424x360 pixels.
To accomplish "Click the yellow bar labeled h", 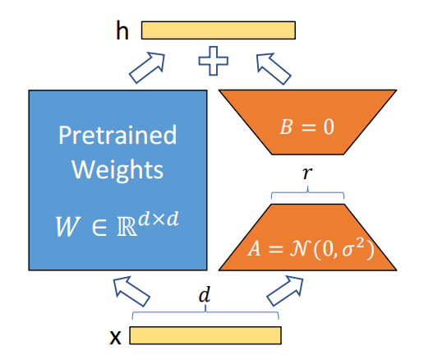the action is coord(219,30).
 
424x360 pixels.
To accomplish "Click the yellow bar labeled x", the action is coord(205,335).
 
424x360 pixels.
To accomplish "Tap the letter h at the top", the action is coord(122,30).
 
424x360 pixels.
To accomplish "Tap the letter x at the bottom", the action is coord(115,337).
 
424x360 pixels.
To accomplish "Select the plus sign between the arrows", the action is coord(214,61).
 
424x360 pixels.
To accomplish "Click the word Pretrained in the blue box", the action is coord(118,135).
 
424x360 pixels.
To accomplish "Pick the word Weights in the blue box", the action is coord(118,170).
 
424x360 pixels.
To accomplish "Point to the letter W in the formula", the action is coord(68,226).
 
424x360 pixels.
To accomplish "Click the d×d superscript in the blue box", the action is coord(159,219).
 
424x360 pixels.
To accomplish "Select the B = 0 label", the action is coord(307,127).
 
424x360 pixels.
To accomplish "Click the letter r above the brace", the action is coord(307,173).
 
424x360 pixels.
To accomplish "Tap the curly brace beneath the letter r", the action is coord(307,192).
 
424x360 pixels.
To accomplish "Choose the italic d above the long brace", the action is coord(205,294).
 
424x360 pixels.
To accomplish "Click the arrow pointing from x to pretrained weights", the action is coord(131,291).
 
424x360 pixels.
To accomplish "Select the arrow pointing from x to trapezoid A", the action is coord(285,291).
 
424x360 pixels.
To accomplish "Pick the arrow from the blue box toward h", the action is coord(147,67).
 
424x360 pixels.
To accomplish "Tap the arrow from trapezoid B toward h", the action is coord(274,68).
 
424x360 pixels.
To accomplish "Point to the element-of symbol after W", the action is coord(99,227).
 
